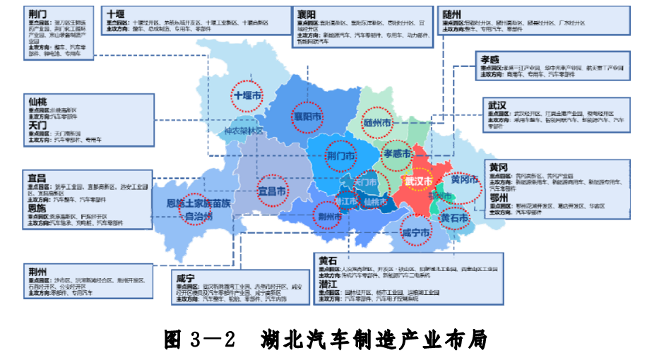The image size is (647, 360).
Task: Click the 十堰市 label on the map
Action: [x=249, y=95]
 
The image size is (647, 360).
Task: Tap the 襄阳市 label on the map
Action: [x=308, y=117]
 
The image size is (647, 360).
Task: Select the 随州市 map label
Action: [x=377, y=123]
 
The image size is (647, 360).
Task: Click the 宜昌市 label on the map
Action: [x=272, y=191]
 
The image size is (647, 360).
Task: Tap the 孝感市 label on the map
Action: [x=397, y=154]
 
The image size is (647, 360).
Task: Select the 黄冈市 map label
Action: [x=465, y=180]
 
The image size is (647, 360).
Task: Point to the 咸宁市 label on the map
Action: [x=416, y=233]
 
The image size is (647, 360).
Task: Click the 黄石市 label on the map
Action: [x=455, y=218]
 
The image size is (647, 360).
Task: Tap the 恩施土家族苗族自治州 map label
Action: [x=198, y=210]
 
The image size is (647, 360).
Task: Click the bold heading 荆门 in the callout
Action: [x=39, y=13]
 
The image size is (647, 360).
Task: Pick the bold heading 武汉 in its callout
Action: [x=497, y=104]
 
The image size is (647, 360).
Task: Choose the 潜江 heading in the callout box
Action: [x=328, y=284]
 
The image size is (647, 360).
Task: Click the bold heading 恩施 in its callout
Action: [x=38, y=209]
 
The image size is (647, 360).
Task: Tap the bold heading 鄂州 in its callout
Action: [x=499, y=198]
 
